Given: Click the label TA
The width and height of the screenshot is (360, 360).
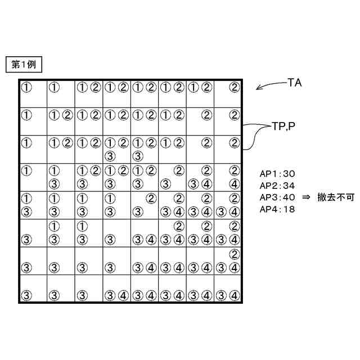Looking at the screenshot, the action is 295,83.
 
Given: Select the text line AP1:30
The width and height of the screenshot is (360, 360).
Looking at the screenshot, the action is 277,174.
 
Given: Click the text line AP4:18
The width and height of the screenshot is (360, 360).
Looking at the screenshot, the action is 277,208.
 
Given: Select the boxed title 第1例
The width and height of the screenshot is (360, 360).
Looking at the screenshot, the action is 23,65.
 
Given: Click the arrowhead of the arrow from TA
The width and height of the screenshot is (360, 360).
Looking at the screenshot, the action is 258,88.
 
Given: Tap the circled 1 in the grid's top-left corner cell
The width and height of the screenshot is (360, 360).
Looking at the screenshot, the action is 26,87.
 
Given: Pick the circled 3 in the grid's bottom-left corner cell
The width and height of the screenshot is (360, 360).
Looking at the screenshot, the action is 26,294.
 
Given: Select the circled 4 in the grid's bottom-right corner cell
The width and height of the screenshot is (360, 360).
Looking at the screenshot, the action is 235,294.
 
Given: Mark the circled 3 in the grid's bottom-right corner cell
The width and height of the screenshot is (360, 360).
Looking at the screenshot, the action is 222,294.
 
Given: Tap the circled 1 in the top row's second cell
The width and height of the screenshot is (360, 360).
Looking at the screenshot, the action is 54,87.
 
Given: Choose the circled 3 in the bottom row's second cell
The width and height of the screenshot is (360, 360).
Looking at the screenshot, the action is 54,294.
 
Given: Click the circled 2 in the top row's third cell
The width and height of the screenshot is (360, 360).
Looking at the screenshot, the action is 95,87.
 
